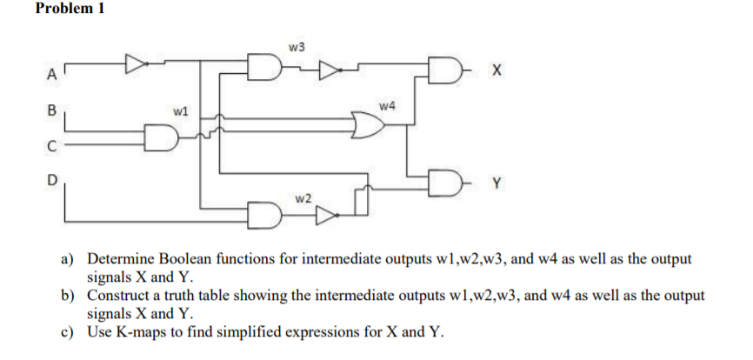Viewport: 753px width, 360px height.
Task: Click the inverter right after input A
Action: [136, 63]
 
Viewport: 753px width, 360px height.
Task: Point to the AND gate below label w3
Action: [262, 64]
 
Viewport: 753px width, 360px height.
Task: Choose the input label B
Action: [50, 110]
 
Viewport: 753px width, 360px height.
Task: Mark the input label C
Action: [51, 146]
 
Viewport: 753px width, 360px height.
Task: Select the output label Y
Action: [496, 183]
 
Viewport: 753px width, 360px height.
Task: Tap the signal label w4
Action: [388, 106]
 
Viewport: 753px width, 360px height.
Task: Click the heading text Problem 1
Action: [70, 10]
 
